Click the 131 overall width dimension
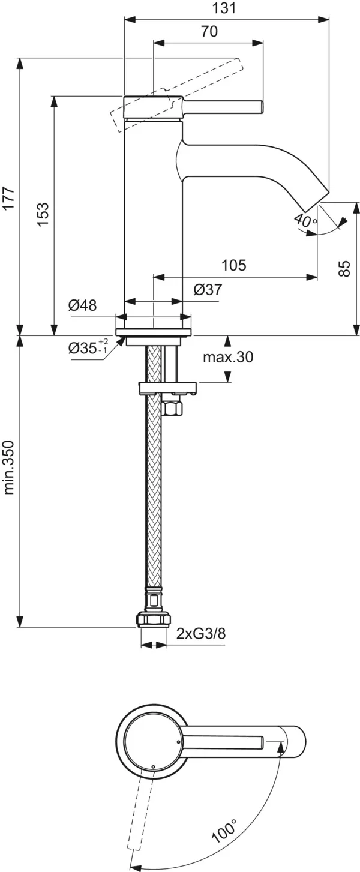pos(226,8)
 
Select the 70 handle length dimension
pos(209,32)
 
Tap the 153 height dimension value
pos(42,215)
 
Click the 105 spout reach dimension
pos(234,265)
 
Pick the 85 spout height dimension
pos(344,268)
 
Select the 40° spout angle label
pos(305,220)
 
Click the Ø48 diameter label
pos(82,305)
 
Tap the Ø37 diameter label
pos(208,290)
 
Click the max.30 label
pos(227,358)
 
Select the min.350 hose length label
pos(9,468)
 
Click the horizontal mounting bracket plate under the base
pos(167,389)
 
